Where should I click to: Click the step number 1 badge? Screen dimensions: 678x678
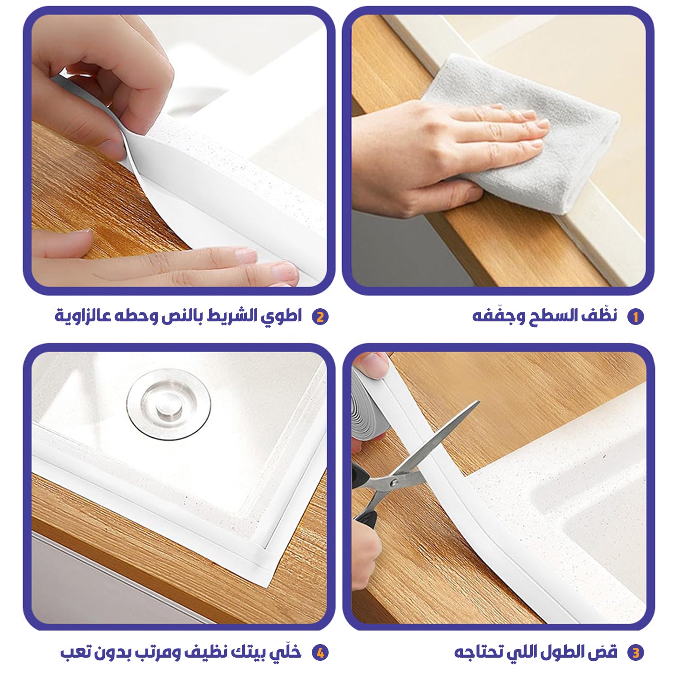[x=635, y=317]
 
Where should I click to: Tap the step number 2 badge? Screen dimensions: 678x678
[x=320, y=317]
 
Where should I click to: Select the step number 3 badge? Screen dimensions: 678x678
[x=636, y=653]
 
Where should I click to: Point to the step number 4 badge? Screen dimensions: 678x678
[x=320, y=653]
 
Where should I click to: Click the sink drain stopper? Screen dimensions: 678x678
[x=169, y=404]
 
